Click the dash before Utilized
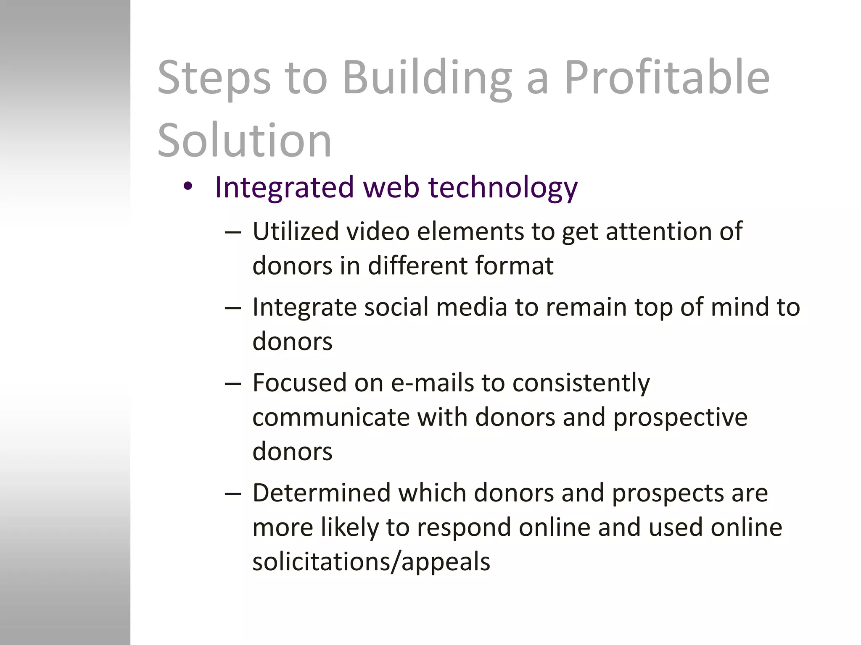click(233, 232)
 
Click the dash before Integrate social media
click(233, 308)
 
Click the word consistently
click(581, 383)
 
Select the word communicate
click(331, 417)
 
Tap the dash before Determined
click(233, 493)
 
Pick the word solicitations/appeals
click(371, 562)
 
